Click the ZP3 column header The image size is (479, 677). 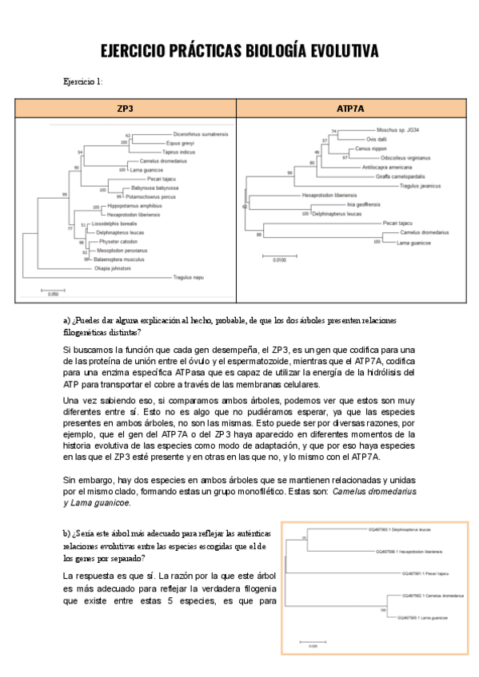[x=126, y=108]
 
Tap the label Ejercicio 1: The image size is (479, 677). [x=82, y=81]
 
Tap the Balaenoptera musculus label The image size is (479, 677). [x=119, y=259]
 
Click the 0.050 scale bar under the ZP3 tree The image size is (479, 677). [x=54, y=291]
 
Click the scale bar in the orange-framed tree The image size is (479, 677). [x=309, y=642]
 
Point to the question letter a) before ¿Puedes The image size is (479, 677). [x=66, y=319]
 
